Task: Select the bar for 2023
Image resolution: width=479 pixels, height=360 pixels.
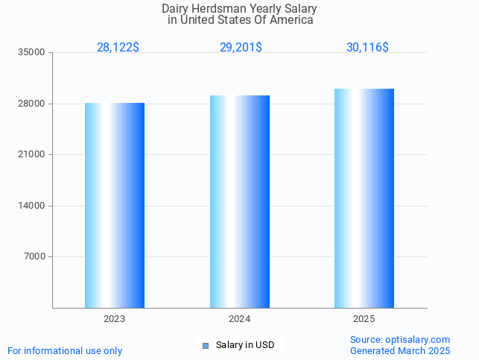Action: [x=115, y=205]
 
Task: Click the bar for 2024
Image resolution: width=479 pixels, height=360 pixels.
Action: [x=240, y=201]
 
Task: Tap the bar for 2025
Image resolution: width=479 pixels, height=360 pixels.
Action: [x=364, y=198]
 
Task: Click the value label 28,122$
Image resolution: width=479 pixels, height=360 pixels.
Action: [x=118, y=48]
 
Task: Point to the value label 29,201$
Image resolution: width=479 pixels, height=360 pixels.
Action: [x=241, y=48]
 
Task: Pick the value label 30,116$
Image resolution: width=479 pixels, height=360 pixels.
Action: [x=367, y=48]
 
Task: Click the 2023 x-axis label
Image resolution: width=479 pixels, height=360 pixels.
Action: [x=114, y=319]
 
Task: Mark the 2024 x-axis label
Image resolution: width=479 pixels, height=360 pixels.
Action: [x=239, y=319]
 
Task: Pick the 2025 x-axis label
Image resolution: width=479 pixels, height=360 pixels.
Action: [x=364, y=319]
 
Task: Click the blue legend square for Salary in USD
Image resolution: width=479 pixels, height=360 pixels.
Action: [x=206, y=345]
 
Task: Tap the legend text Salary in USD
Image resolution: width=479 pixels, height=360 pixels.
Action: [x=245, y=345]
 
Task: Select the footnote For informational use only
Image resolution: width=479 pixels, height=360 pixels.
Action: [x=65, y=351]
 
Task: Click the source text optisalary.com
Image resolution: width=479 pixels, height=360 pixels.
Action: [x=417, y=340]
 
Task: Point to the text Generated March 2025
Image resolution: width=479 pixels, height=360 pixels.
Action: [x=400, y=351]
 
